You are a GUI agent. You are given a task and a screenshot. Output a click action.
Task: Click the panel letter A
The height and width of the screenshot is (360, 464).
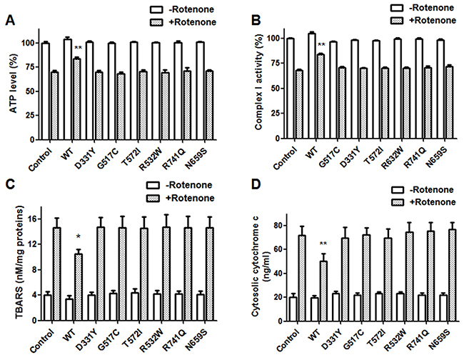point(10,21)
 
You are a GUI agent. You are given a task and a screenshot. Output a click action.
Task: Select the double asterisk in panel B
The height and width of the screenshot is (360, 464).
point(321,45)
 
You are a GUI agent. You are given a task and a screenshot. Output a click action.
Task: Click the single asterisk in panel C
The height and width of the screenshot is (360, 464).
point(78,236)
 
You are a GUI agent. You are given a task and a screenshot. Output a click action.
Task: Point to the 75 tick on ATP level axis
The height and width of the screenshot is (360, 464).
point(31,67)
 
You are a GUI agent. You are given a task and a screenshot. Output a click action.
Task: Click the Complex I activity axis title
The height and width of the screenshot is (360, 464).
point(258,82)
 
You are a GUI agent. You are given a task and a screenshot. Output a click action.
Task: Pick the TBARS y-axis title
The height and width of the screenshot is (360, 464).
point(19,264)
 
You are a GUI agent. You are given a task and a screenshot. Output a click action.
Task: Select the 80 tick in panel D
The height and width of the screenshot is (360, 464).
point(276,226)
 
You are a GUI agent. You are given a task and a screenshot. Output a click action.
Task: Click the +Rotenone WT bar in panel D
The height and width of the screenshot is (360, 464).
point(323,291)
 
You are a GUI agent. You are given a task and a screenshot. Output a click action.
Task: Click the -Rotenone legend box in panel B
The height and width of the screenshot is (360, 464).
point(396,8)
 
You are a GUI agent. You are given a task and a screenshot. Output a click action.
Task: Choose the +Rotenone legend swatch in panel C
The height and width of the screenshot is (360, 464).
point(153,198)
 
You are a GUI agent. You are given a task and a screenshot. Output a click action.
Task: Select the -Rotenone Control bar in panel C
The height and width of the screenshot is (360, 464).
point(48,308)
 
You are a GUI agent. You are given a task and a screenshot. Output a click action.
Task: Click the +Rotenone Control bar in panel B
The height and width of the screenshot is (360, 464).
point(299,104)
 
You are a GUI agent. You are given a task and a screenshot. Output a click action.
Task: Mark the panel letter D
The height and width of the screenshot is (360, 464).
point(256,185)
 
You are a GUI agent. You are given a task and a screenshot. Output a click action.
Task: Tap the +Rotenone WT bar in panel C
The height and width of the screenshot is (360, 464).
point(79,287)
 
